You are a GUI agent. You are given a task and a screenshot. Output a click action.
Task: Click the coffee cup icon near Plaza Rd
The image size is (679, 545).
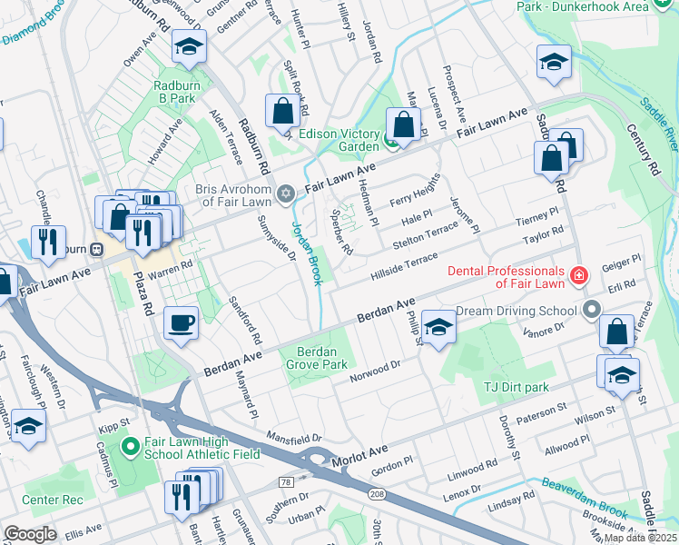tap(182, 323)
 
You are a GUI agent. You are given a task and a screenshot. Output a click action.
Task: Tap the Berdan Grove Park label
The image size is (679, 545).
tap(322, 358)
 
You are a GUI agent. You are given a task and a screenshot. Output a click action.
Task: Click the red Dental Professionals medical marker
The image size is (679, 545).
tap(578, 274)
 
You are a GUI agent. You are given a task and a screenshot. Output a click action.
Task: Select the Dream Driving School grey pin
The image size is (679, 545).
tap(592, 310)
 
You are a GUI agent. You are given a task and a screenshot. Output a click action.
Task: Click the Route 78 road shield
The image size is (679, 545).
tap(286, 481)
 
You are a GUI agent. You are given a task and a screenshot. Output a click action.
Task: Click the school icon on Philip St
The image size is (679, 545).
tap(438, 328)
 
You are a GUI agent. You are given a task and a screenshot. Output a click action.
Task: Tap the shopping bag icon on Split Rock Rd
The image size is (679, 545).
tap(283, 112)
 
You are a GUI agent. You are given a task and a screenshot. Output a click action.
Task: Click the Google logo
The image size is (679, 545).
tap(30, 534)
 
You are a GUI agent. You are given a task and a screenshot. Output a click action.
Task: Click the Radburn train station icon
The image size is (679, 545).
tap(96, 248)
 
